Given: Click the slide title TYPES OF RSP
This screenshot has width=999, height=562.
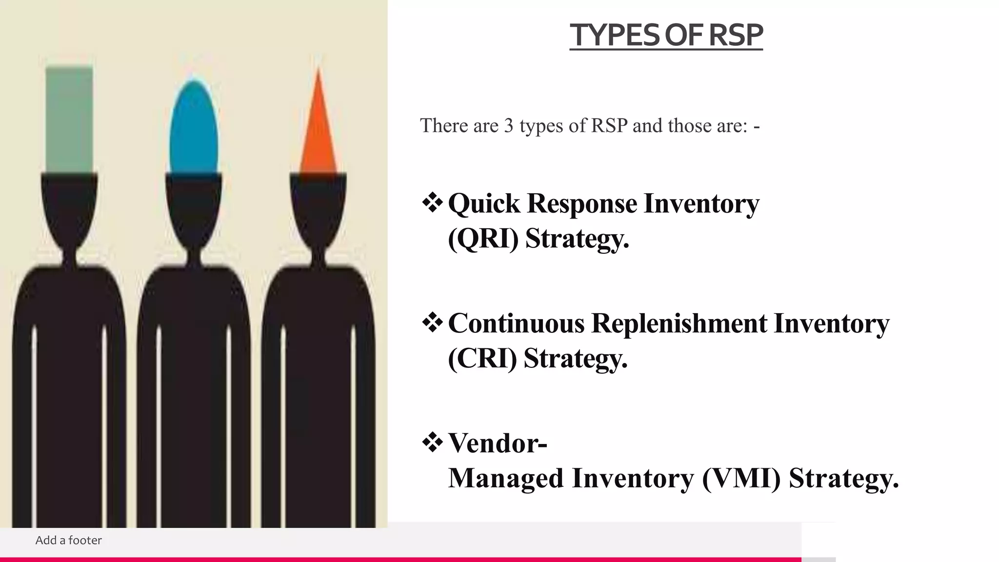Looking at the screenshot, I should point(666,35).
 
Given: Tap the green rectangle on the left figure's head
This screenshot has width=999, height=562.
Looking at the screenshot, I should point(69,120).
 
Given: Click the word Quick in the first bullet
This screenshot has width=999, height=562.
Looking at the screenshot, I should point(484,203).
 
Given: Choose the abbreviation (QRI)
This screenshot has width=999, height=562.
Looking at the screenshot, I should point(483,239).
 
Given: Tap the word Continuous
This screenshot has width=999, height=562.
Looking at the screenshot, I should point(516,323).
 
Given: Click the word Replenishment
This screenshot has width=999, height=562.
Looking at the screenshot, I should point(679,323).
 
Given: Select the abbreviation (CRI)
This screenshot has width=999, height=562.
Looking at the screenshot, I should point(482,359).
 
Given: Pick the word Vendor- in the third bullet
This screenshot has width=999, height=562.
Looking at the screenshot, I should point(498,443).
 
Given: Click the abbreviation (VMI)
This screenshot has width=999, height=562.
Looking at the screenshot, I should point(741,478).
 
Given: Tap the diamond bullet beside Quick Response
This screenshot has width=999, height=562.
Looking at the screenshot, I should point(432,203).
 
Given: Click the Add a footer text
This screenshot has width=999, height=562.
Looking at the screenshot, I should point(69,540).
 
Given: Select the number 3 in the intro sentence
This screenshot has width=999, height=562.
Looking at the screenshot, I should point(509,126).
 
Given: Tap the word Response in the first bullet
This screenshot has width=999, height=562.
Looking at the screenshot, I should point(582,203).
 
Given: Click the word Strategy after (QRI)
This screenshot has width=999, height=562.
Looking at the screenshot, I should point(577,239).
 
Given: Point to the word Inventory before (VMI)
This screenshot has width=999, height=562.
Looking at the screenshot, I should point(633,478).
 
